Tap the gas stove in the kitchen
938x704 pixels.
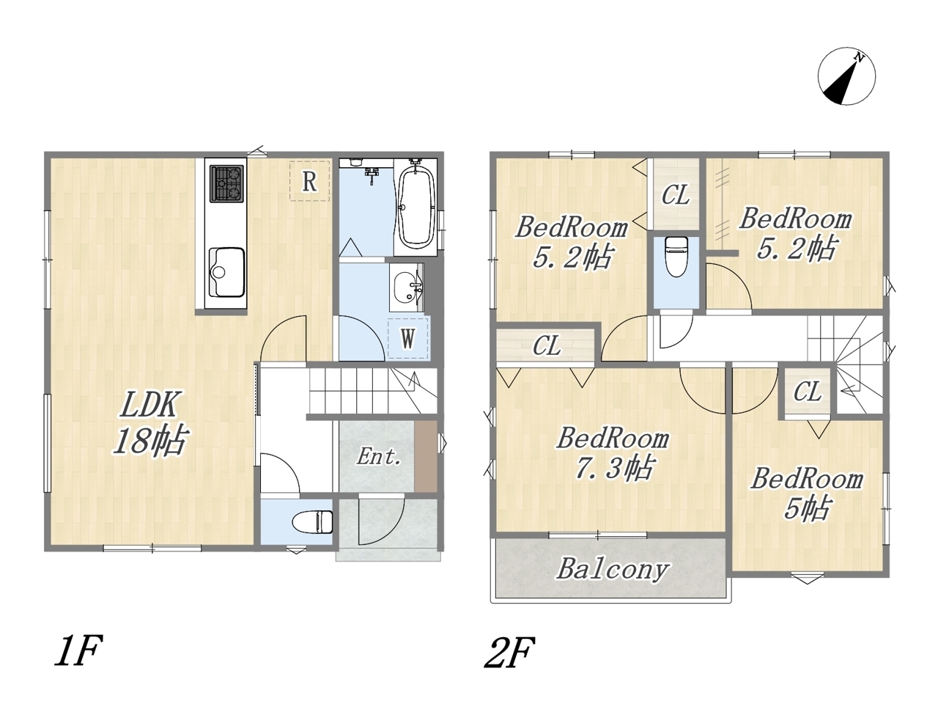(x=226, y=183)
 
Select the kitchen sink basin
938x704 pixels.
(x=226, y=272)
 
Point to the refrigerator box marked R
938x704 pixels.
(x=309, y=181)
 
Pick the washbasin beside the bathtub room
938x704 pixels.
(x=407, y=287)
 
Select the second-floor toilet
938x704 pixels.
(x=676, y=257)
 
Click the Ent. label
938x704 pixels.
(x=379, y=457)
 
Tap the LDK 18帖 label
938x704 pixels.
(x=149, y=422)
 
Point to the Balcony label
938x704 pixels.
(x=613, y=569)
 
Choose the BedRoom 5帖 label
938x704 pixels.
(x=806, y=494)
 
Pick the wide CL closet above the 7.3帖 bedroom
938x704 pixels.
(x=546, y=345)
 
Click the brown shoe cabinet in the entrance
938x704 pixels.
(x=426, y=456)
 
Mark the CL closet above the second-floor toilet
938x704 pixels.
(x=675, y=194)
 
